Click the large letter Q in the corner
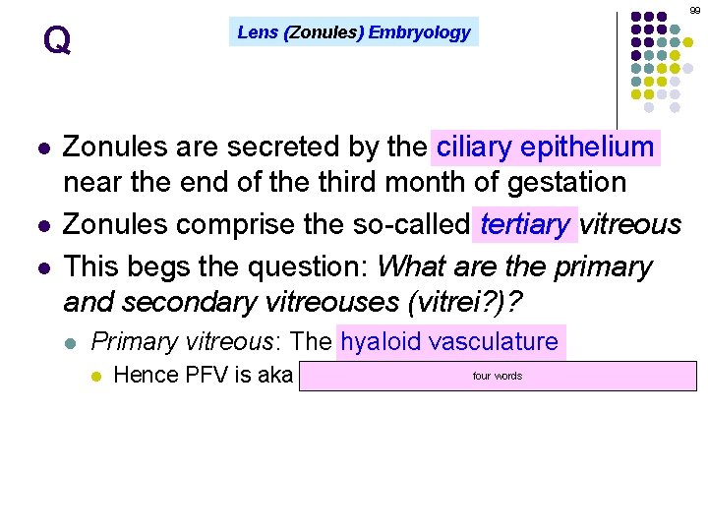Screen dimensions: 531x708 tap(57, 41)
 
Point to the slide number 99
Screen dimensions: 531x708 tap(695, 10)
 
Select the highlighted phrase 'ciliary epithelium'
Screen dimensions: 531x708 tap(546, 148)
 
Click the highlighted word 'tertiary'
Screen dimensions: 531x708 tap(525, 225)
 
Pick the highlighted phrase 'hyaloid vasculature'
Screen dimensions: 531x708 tap(449, 342)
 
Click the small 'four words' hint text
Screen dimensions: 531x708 tap(498, 377)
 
